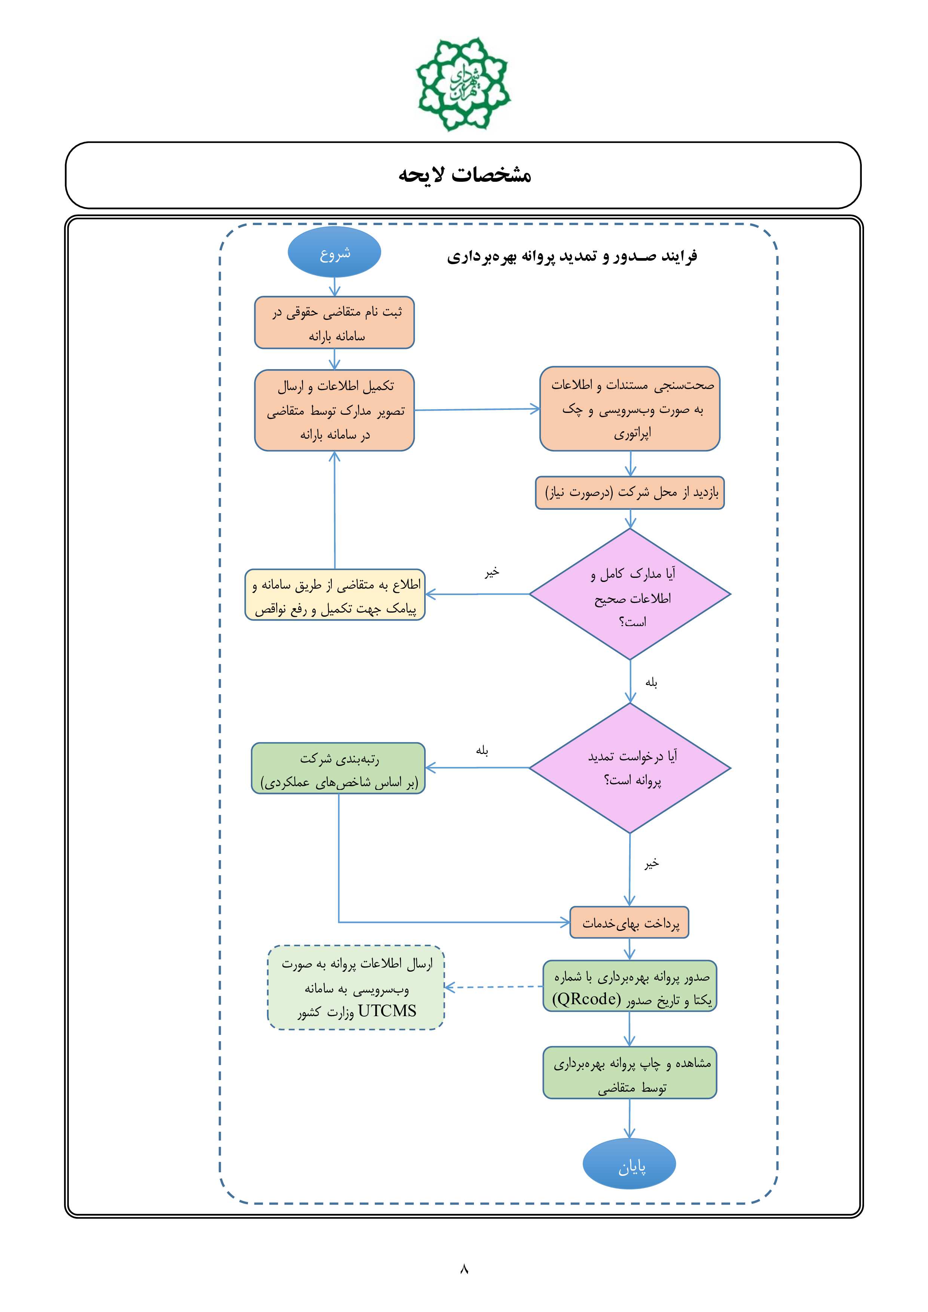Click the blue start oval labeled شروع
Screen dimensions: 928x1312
334,252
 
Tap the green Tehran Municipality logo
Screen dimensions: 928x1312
463,84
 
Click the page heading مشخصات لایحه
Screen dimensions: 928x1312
465,175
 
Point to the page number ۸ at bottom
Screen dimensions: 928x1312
464,1269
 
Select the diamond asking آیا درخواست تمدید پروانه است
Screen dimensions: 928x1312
630,767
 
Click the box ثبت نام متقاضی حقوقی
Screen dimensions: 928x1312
334,322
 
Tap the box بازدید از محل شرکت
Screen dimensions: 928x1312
630,493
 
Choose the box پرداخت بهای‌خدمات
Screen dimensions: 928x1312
629,922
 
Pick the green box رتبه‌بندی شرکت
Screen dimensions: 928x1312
338,768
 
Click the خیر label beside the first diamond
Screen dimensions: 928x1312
492,572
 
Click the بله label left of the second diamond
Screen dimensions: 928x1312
482,750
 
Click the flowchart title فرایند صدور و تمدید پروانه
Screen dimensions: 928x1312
572,256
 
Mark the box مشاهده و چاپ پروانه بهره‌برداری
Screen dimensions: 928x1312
630,1073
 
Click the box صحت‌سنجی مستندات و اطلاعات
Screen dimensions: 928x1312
630,408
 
